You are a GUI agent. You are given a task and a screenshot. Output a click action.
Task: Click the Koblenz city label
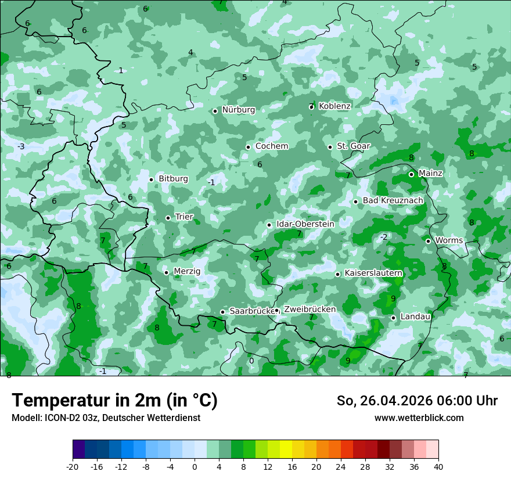click(334, 106)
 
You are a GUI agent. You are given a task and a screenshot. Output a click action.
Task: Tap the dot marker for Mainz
click(411, 174)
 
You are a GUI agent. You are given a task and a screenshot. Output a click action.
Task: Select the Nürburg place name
click(238, 110)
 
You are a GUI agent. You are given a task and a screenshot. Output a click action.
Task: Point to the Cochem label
click(272, 146)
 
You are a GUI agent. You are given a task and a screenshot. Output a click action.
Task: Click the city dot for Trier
click(168, 218)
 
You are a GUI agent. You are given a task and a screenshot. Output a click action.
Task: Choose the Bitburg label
click(173, 179)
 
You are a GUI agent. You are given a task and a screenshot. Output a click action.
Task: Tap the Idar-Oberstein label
click(305, 224)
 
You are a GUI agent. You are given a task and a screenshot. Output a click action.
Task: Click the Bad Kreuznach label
click(393, 201)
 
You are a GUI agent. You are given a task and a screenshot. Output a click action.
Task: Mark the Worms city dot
click(428, 241)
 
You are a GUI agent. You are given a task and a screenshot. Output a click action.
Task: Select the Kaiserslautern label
click(373, 273)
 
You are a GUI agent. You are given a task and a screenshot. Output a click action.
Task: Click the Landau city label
click(415, 317)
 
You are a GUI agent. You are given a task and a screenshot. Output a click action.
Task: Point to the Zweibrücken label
click(310, 310)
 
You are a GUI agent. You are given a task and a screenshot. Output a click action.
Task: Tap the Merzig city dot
click(166, 272)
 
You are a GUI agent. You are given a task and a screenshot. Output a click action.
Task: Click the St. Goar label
click(353, 146)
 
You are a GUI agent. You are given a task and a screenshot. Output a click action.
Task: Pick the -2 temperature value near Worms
click(383, 237)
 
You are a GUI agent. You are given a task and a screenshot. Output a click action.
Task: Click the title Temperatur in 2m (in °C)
click(114, 401)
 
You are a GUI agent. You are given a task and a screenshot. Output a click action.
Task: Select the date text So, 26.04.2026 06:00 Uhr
click(417, 401)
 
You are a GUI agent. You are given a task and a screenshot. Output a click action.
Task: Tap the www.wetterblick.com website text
click(419, 418)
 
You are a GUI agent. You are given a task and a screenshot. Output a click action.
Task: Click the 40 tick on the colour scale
click(438, 467)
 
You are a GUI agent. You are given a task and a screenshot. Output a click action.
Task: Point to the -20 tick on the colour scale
click(72, 467)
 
